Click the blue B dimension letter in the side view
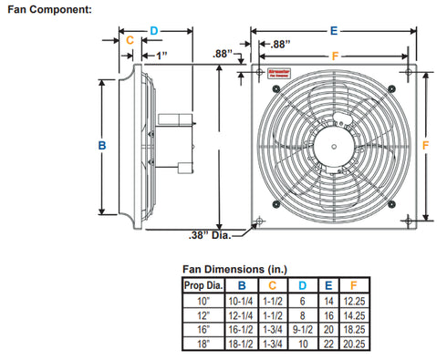click(102, 145)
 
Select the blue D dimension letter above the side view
click(154, 30)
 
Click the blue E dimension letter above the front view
click(335, 30)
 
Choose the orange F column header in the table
click(351, 285)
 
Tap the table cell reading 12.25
click(351, 298)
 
